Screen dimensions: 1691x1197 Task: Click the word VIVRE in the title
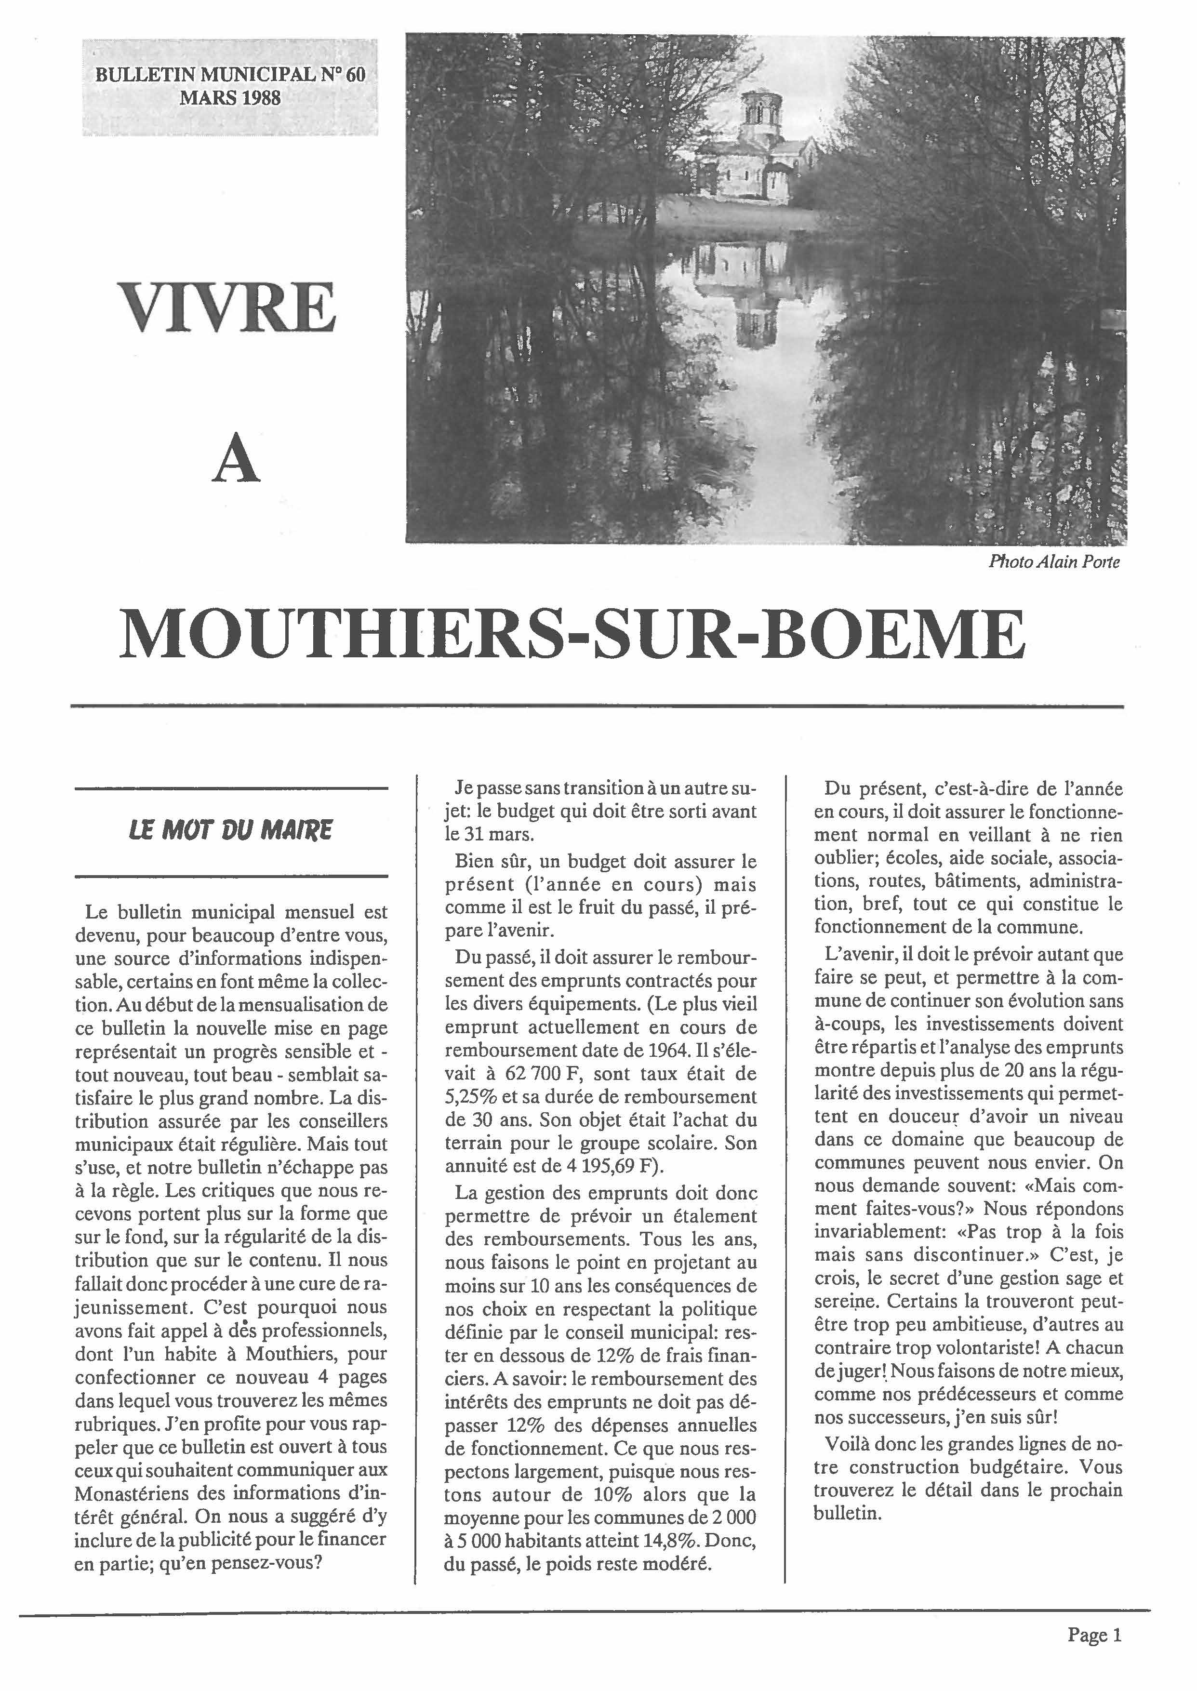point(227,307)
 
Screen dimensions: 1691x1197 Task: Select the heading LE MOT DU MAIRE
point(231,831)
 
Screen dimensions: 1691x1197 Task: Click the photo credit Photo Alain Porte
point(1054,562)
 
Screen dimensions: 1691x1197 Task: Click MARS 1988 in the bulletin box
point(231,98)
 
